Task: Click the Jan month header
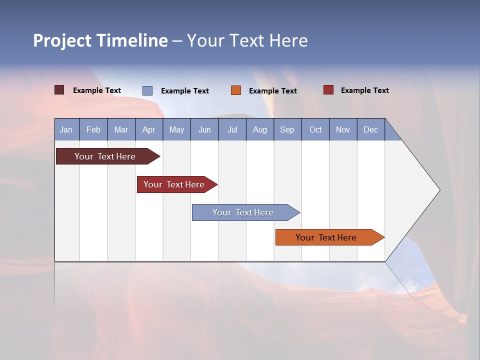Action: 66,129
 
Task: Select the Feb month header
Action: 93,129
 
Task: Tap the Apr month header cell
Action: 149,129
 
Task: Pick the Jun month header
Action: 204,129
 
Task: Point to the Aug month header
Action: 260,129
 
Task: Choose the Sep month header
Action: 287,129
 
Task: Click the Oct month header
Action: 315,129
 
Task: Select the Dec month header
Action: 371,129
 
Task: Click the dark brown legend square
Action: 59,90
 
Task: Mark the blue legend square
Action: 147,90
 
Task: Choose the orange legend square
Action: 236,90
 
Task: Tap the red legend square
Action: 328,90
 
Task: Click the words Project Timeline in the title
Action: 100,40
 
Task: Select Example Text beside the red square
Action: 364,90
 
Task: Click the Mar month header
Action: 121,129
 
